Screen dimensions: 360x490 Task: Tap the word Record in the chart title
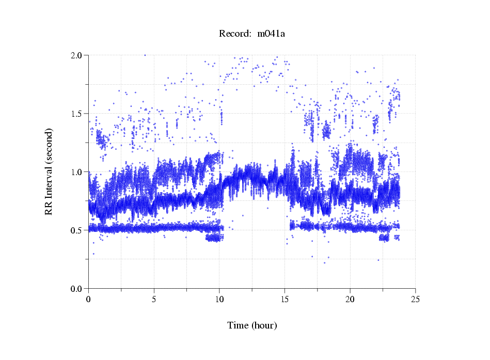[x=233, y=34]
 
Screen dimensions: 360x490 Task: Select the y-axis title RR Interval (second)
[x=49, y=171]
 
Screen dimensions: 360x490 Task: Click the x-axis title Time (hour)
[x=252, y=325]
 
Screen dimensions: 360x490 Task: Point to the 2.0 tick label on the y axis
[x=79, y=55]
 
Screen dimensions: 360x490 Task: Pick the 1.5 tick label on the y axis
[x=79, y=114]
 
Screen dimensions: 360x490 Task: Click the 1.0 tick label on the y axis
[x=79, y=172]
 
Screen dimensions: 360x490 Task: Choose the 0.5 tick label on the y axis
[x=79, y=230]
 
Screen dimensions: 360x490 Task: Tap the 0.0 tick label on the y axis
[x=79, y=289]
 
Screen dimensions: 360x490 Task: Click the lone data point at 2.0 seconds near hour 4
[x=145, y=55]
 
